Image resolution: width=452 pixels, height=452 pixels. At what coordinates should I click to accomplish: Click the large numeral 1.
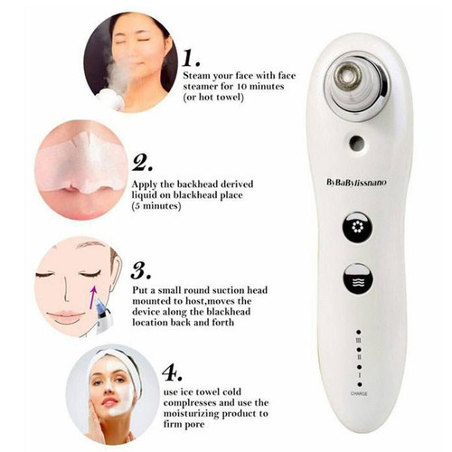pyautogui.click(x=192, y=59)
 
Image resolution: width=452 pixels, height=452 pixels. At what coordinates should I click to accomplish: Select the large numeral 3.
pyautogui.click(x=141, y=270)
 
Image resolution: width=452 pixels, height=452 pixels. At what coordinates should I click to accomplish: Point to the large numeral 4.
pyautogui.click(x=173, y=372)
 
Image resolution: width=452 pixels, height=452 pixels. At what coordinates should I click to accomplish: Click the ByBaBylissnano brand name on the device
pyautogui.click(x=356, y=183)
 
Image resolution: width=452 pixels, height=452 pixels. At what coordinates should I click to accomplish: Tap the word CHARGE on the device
pyautogui.click(x=359, y=394)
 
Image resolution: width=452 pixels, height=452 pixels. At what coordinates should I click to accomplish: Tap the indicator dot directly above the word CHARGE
pyautogui.click(x=359, y=385)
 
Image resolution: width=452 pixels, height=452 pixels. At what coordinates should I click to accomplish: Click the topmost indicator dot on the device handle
pyautogui.click(x=359, y=332)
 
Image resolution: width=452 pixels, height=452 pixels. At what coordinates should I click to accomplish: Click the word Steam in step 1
pyautogui.click(x=197, y=76)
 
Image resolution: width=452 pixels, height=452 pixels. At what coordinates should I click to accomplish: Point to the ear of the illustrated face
pyautogui.click(x=115, y=278)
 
